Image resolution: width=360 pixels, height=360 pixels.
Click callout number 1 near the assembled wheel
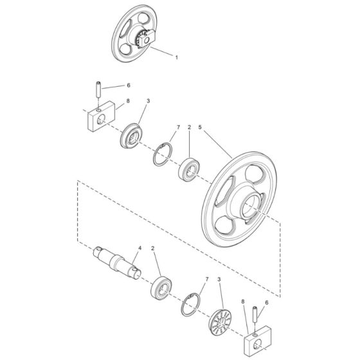pos(177,57)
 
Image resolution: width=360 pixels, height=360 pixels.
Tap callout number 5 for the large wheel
pos(200,127)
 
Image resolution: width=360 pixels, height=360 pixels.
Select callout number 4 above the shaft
pos(140,248)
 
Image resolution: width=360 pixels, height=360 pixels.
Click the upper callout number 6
pos(129,85)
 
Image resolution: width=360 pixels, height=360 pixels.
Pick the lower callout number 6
pos(267,303)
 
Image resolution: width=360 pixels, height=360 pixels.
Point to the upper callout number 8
pos(128,101)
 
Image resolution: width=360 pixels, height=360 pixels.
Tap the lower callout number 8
pos(243,301)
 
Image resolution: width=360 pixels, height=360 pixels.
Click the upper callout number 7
pos(179,127)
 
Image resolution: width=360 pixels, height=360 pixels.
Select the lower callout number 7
pos(207,280)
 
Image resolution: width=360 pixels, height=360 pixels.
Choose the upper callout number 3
pos(148,101)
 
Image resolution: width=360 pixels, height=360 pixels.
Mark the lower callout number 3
pos(219,280)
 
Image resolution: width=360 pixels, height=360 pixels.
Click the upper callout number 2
pos(189,127)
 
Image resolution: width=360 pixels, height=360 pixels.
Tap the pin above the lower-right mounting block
pos(255,314)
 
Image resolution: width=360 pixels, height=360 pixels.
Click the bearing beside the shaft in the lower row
pos(161,287)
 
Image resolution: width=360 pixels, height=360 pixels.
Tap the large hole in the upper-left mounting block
pos(100,120)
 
